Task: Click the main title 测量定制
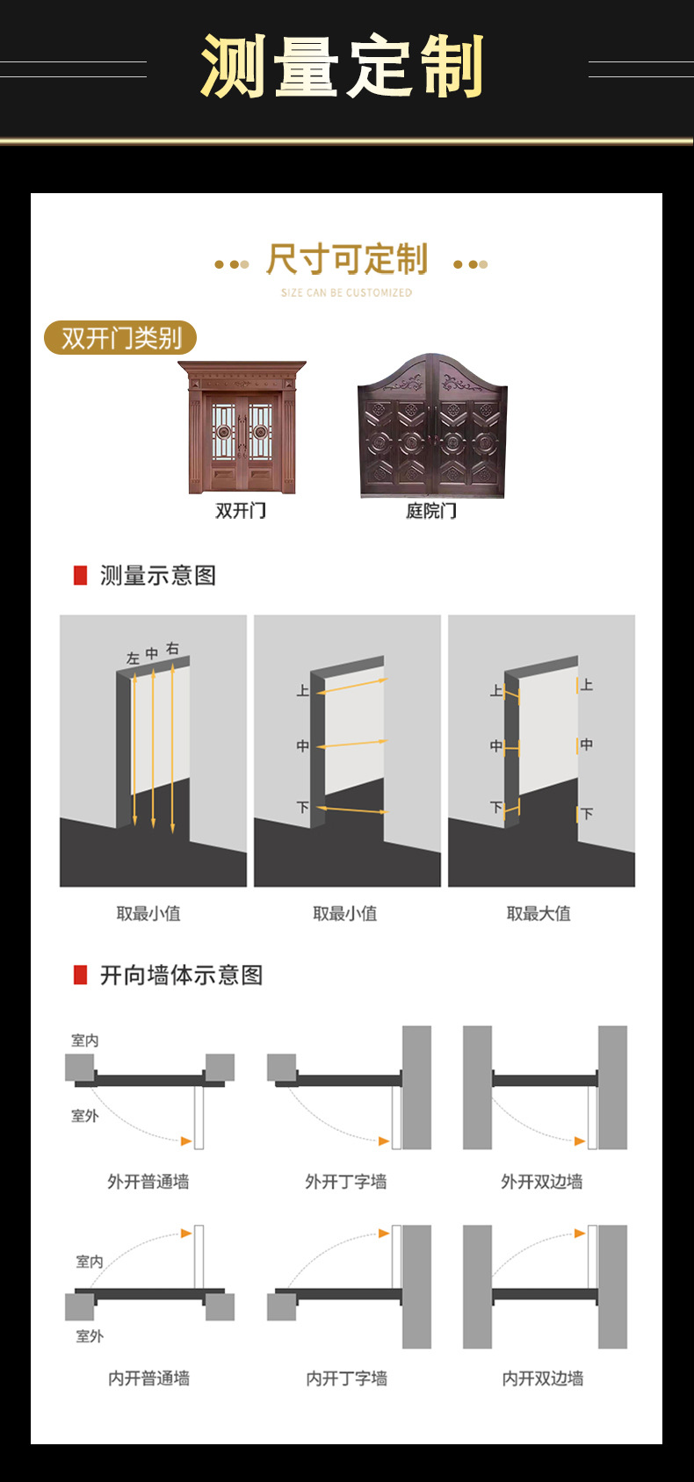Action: [343, 67]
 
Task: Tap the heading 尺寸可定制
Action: [347, 260]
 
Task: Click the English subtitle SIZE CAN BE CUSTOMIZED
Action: [346, 292]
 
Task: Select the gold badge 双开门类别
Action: [120, 338]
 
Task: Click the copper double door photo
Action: [242, 428]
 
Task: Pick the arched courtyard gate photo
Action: [432, 427]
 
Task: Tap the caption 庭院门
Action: [431, 511]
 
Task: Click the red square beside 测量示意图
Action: [80, 576]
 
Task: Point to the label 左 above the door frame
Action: [133, 658]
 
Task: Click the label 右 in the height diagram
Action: [172, 649]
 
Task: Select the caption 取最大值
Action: [539, 914]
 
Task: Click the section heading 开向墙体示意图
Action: [181, 975]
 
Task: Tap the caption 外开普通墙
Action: [148, 1182]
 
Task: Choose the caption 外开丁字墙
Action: [346, 1182]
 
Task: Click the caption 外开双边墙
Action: [542, 1182]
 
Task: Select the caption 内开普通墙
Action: [148, 1378]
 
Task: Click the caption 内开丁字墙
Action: [346, 1378]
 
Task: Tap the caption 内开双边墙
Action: [542, 1378]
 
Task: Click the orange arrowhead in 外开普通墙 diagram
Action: [186, 1141]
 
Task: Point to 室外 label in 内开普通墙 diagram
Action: [90, 1336]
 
